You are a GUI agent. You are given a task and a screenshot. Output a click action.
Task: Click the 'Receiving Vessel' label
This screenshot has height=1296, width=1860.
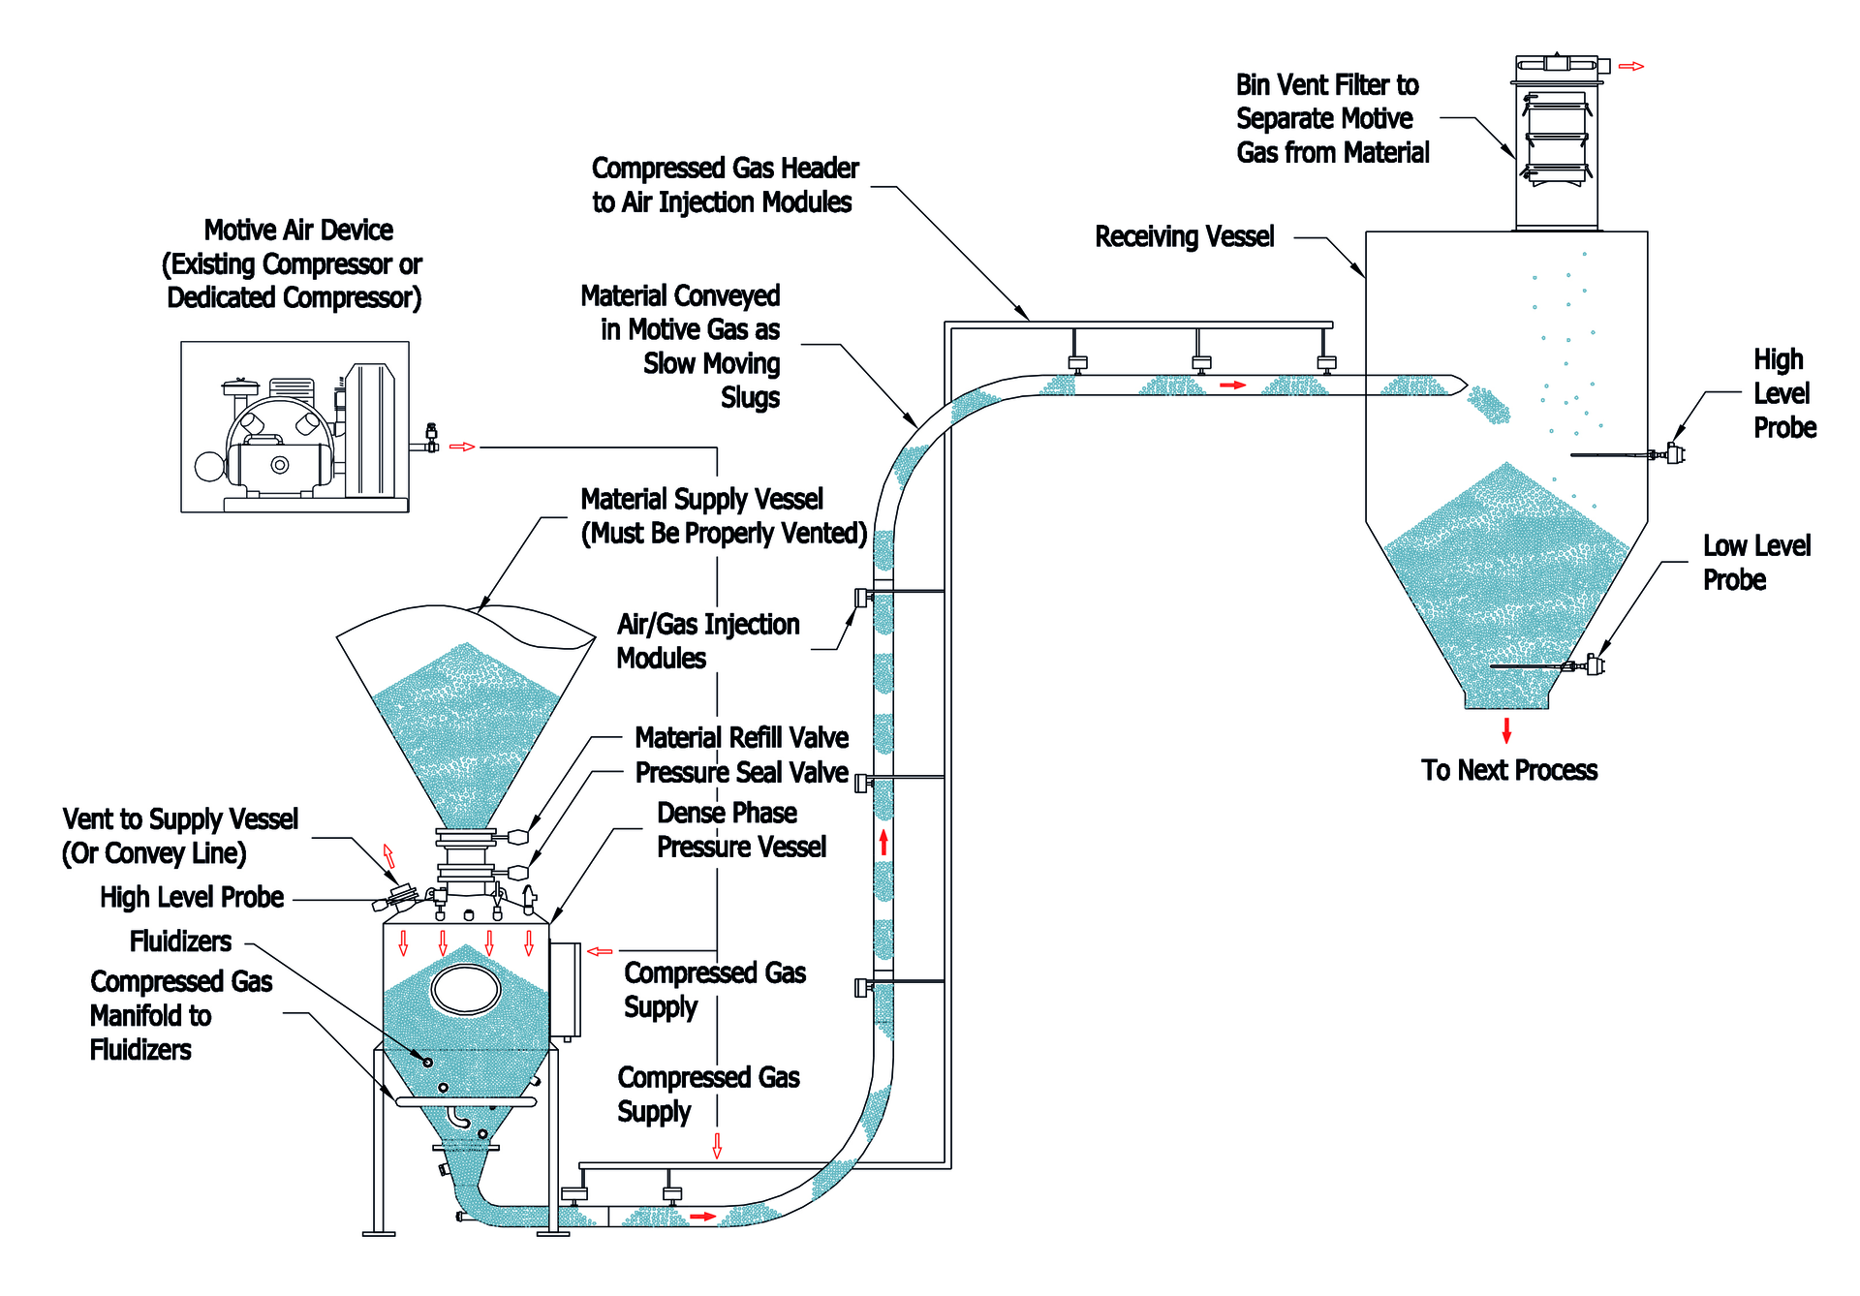click(x=1184, y=237)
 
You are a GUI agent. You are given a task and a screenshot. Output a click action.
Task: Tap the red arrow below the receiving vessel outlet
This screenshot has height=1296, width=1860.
click(x=1506, y=730)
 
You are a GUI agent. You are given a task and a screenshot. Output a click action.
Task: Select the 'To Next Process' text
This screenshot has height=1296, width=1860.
click(x=1508, y=771)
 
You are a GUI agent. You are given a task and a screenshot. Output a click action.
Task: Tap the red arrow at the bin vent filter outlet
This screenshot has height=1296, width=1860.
click(x=1631, y=67)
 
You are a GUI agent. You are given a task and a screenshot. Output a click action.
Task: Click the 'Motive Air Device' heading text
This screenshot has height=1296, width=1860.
click(x=298, y=231)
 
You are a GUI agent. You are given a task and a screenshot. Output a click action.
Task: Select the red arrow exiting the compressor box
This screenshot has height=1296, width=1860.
click(x=462, y=447)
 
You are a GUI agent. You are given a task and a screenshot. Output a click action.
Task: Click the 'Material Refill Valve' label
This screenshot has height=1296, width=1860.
click(x=741, y=738)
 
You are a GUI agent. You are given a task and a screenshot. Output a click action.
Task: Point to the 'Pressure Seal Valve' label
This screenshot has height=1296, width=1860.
click(x=741, y=773)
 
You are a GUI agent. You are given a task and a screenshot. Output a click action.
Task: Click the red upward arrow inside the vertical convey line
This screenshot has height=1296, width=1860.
click(x=883, y=841)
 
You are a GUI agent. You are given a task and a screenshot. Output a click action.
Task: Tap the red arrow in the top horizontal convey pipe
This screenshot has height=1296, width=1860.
click(x=1232, y=386)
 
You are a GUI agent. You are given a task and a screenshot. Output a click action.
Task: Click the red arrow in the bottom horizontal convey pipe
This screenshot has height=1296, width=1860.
click(x=702, y=1217)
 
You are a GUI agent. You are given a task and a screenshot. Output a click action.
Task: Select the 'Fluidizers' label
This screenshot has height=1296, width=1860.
click(x=180, y=941)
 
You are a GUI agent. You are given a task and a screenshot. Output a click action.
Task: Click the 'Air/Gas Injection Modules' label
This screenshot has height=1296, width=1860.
click(x=707, y=641)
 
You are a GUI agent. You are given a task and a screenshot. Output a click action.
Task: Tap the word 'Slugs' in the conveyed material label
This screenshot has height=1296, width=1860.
click(x=750, y=398)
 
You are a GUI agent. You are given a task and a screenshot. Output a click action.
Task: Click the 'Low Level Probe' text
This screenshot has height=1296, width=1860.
click(x=1755, y=563)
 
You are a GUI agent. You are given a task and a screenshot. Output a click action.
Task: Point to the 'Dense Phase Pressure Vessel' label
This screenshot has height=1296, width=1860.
click(x=740, y=830)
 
